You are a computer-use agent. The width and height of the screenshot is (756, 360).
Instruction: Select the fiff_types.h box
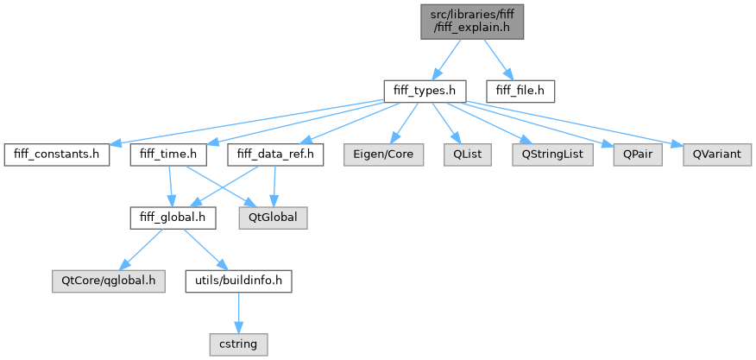pos(425,89)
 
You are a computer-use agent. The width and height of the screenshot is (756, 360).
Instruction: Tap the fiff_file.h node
pos(520,89)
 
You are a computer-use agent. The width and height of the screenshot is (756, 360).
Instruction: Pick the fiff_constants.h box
pos(57,155)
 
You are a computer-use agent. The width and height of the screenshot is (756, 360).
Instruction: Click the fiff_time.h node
pos(169,155)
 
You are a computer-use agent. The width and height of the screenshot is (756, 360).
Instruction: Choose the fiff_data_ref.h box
pos(275,155)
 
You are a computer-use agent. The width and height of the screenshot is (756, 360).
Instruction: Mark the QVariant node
pos(716,155)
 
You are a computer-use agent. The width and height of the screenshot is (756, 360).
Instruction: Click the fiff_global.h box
pos(173,218)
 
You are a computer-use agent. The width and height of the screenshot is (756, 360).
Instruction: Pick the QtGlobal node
pos(273,218)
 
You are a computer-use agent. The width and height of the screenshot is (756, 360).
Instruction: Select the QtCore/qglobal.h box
pos(108,281)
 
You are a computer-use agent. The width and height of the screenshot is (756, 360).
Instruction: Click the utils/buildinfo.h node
pos(238,281)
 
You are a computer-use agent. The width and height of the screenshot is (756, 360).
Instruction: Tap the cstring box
pos(238,344)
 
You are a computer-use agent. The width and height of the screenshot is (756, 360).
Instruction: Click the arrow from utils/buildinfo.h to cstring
pos(238,312)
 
